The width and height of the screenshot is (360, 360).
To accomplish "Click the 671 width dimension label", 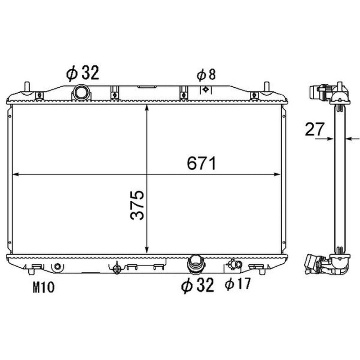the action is pyautogui.click(x=201, y=163).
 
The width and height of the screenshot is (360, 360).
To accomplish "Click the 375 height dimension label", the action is pyautogui.click(x=137, y=205).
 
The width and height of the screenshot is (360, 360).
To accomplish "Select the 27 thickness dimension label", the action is pyautogui.click(x=315, y=129).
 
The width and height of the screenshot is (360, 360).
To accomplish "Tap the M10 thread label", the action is pyautogui.click(x=43, y=287).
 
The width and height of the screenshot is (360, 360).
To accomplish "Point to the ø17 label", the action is pyautogui.click(x=238, y=284).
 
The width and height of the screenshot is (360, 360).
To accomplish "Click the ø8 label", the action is pyautogui.click(x=206, y=75).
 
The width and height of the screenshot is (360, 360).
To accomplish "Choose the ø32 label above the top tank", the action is pyautogui.click(x=83, y=73).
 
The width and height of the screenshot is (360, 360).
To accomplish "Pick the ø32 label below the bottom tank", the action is pyautogui.click(x=198, y=285).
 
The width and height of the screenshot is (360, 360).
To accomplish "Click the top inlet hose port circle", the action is pyautogui.click(x=81, y=92).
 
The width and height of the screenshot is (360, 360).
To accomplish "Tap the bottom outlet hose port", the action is pyautogui.click(x=196, y=265).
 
